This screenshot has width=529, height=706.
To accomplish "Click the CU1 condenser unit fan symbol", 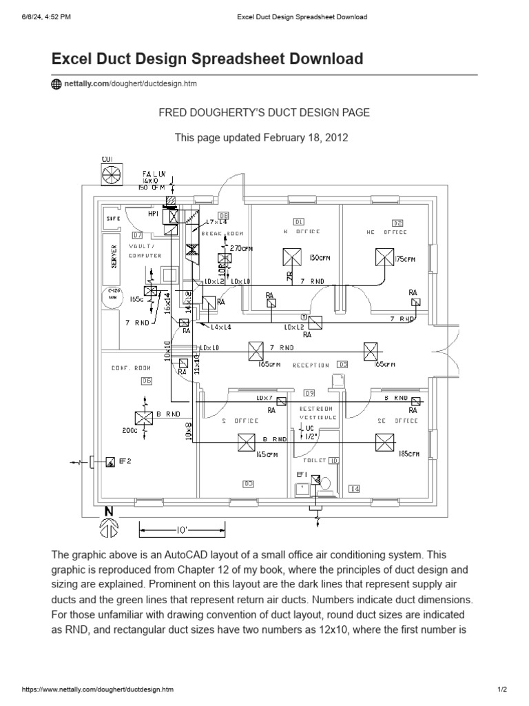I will (112, 175).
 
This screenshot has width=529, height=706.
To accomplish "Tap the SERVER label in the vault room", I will (114, 256).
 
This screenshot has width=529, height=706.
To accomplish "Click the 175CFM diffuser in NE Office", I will (384, 258).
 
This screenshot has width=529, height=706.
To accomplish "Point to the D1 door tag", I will (298, 222).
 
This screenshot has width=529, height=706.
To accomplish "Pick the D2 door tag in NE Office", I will (397, 223).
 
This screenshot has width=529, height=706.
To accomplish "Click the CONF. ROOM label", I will (130, 368).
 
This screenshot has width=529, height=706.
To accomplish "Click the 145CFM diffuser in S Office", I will (246, 442).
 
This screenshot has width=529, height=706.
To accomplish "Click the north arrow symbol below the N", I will (108, 527).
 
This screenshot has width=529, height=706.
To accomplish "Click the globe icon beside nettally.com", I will (56, 84).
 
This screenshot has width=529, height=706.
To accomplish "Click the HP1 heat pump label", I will (153, 214).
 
